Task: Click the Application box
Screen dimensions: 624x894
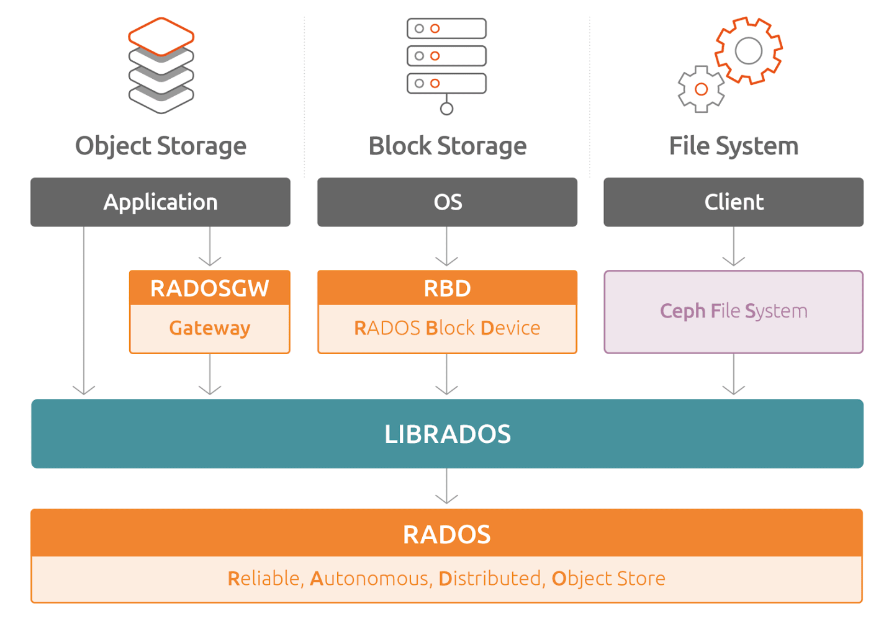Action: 160,202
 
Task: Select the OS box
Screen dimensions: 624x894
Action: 447,202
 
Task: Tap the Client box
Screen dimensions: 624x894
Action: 733,202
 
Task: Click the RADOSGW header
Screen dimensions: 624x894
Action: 209,288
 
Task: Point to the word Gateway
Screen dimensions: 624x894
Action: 209,328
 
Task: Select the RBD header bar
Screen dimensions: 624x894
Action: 447,288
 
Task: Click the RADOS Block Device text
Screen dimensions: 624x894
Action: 447,328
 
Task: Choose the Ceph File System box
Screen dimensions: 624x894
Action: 733,311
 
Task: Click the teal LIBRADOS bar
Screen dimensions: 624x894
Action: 447,434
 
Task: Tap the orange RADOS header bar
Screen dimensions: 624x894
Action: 447,533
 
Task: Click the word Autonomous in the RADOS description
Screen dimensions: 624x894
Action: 369,579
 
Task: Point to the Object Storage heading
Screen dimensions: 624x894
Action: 160,146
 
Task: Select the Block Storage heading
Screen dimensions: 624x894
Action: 447,146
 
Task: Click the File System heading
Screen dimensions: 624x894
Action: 733,146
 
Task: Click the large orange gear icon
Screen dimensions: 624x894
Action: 748,51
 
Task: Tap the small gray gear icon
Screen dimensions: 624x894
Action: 701,89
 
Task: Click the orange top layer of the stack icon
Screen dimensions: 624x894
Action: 161,37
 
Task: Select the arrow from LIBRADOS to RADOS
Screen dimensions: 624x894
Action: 447,487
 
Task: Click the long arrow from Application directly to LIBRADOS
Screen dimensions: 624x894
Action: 84,310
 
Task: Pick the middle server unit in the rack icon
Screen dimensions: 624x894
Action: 446,56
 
